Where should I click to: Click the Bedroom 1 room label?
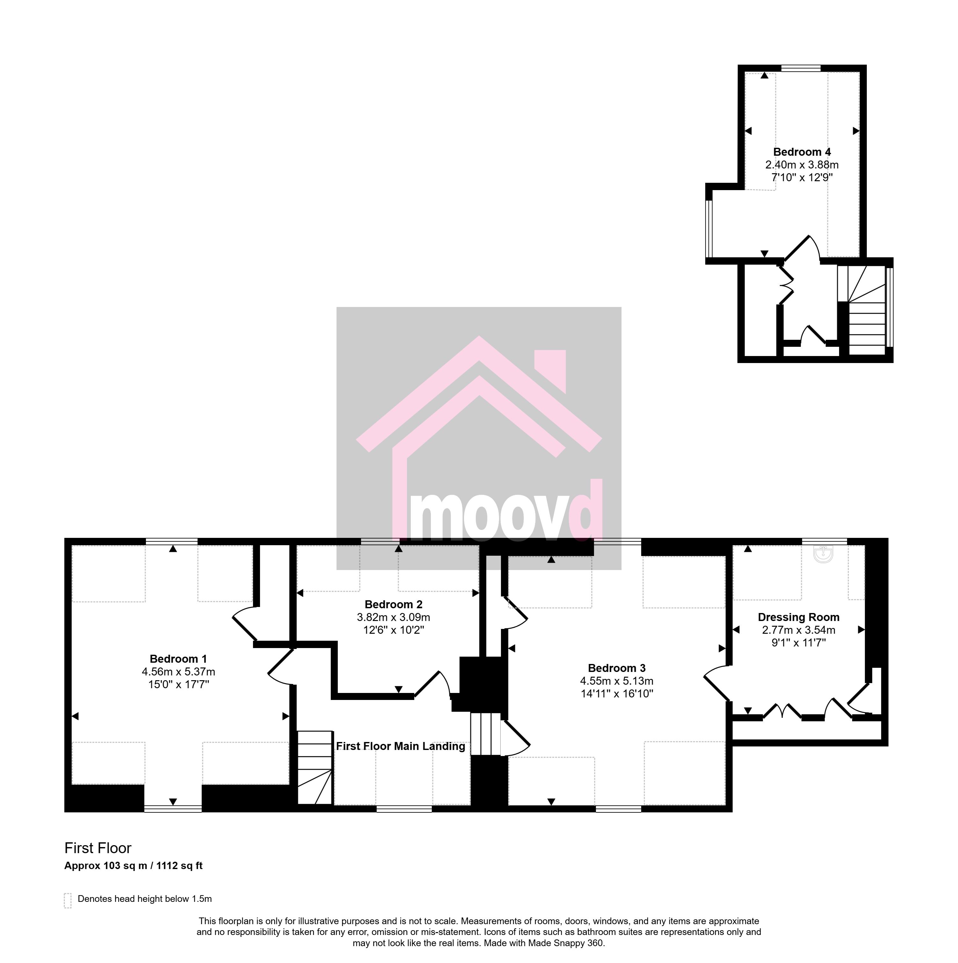178,659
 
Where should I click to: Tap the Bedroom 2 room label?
394,605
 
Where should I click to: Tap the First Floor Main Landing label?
401,746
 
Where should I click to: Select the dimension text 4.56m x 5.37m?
178,672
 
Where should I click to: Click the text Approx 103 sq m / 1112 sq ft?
133,866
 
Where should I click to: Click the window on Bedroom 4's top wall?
801,68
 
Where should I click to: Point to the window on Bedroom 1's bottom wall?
173,809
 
